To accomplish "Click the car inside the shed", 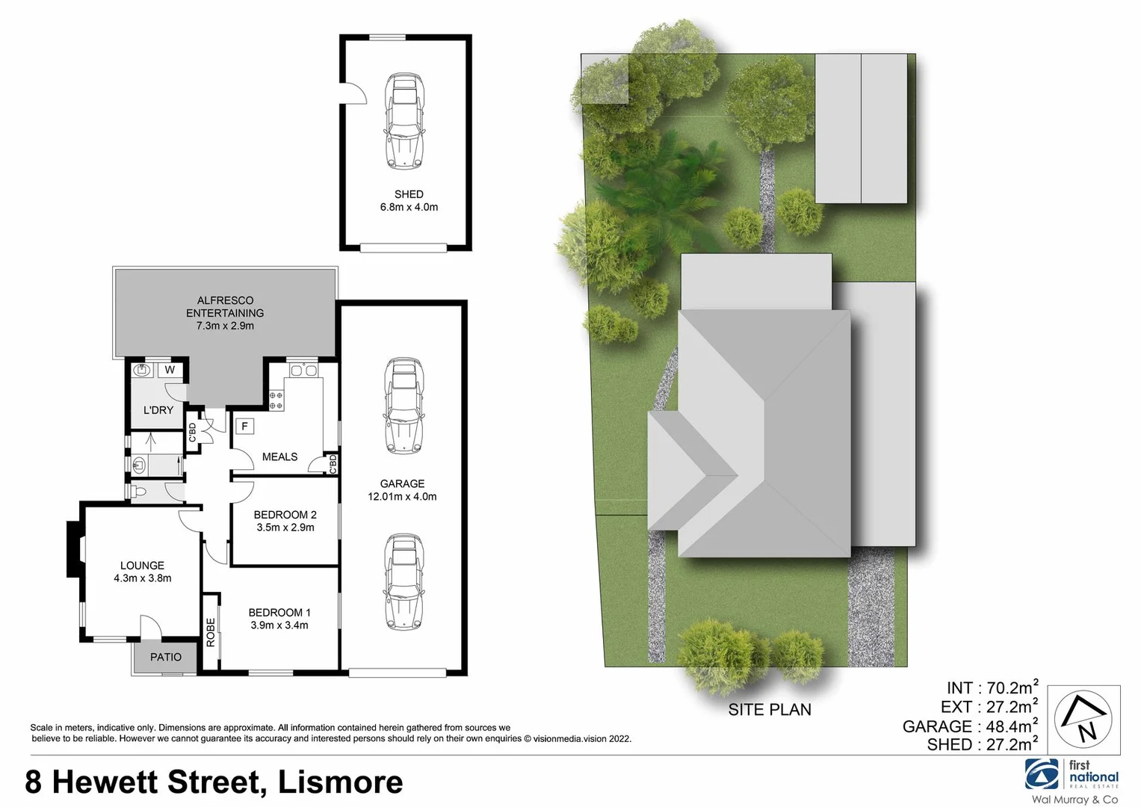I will coord(404,121).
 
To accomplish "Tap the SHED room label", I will coord(409,194).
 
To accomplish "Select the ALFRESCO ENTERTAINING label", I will coord(225,306).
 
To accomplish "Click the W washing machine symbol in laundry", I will coord(170,370).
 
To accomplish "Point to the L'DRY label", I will coord(158,410).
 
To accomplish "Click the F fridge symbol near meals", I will coord(244,427).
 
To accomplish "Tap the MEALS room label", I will coord(279,457).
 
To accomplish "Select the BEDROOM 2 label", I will coord(285,514).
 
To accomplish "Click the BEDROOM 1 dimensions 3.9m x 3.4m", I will coord(279,625).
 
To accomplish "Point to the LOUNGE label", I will coord(142,566).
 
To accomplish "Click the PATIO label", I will coord(166,657).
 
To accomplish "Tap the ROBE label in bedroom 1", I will coord(211,632).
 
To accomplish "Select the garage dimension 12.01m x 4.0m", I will coord(402,496).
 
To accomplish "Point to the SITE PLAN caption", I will coord(770,709).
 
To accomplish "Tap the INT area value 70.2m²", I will coord(1009,687).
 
